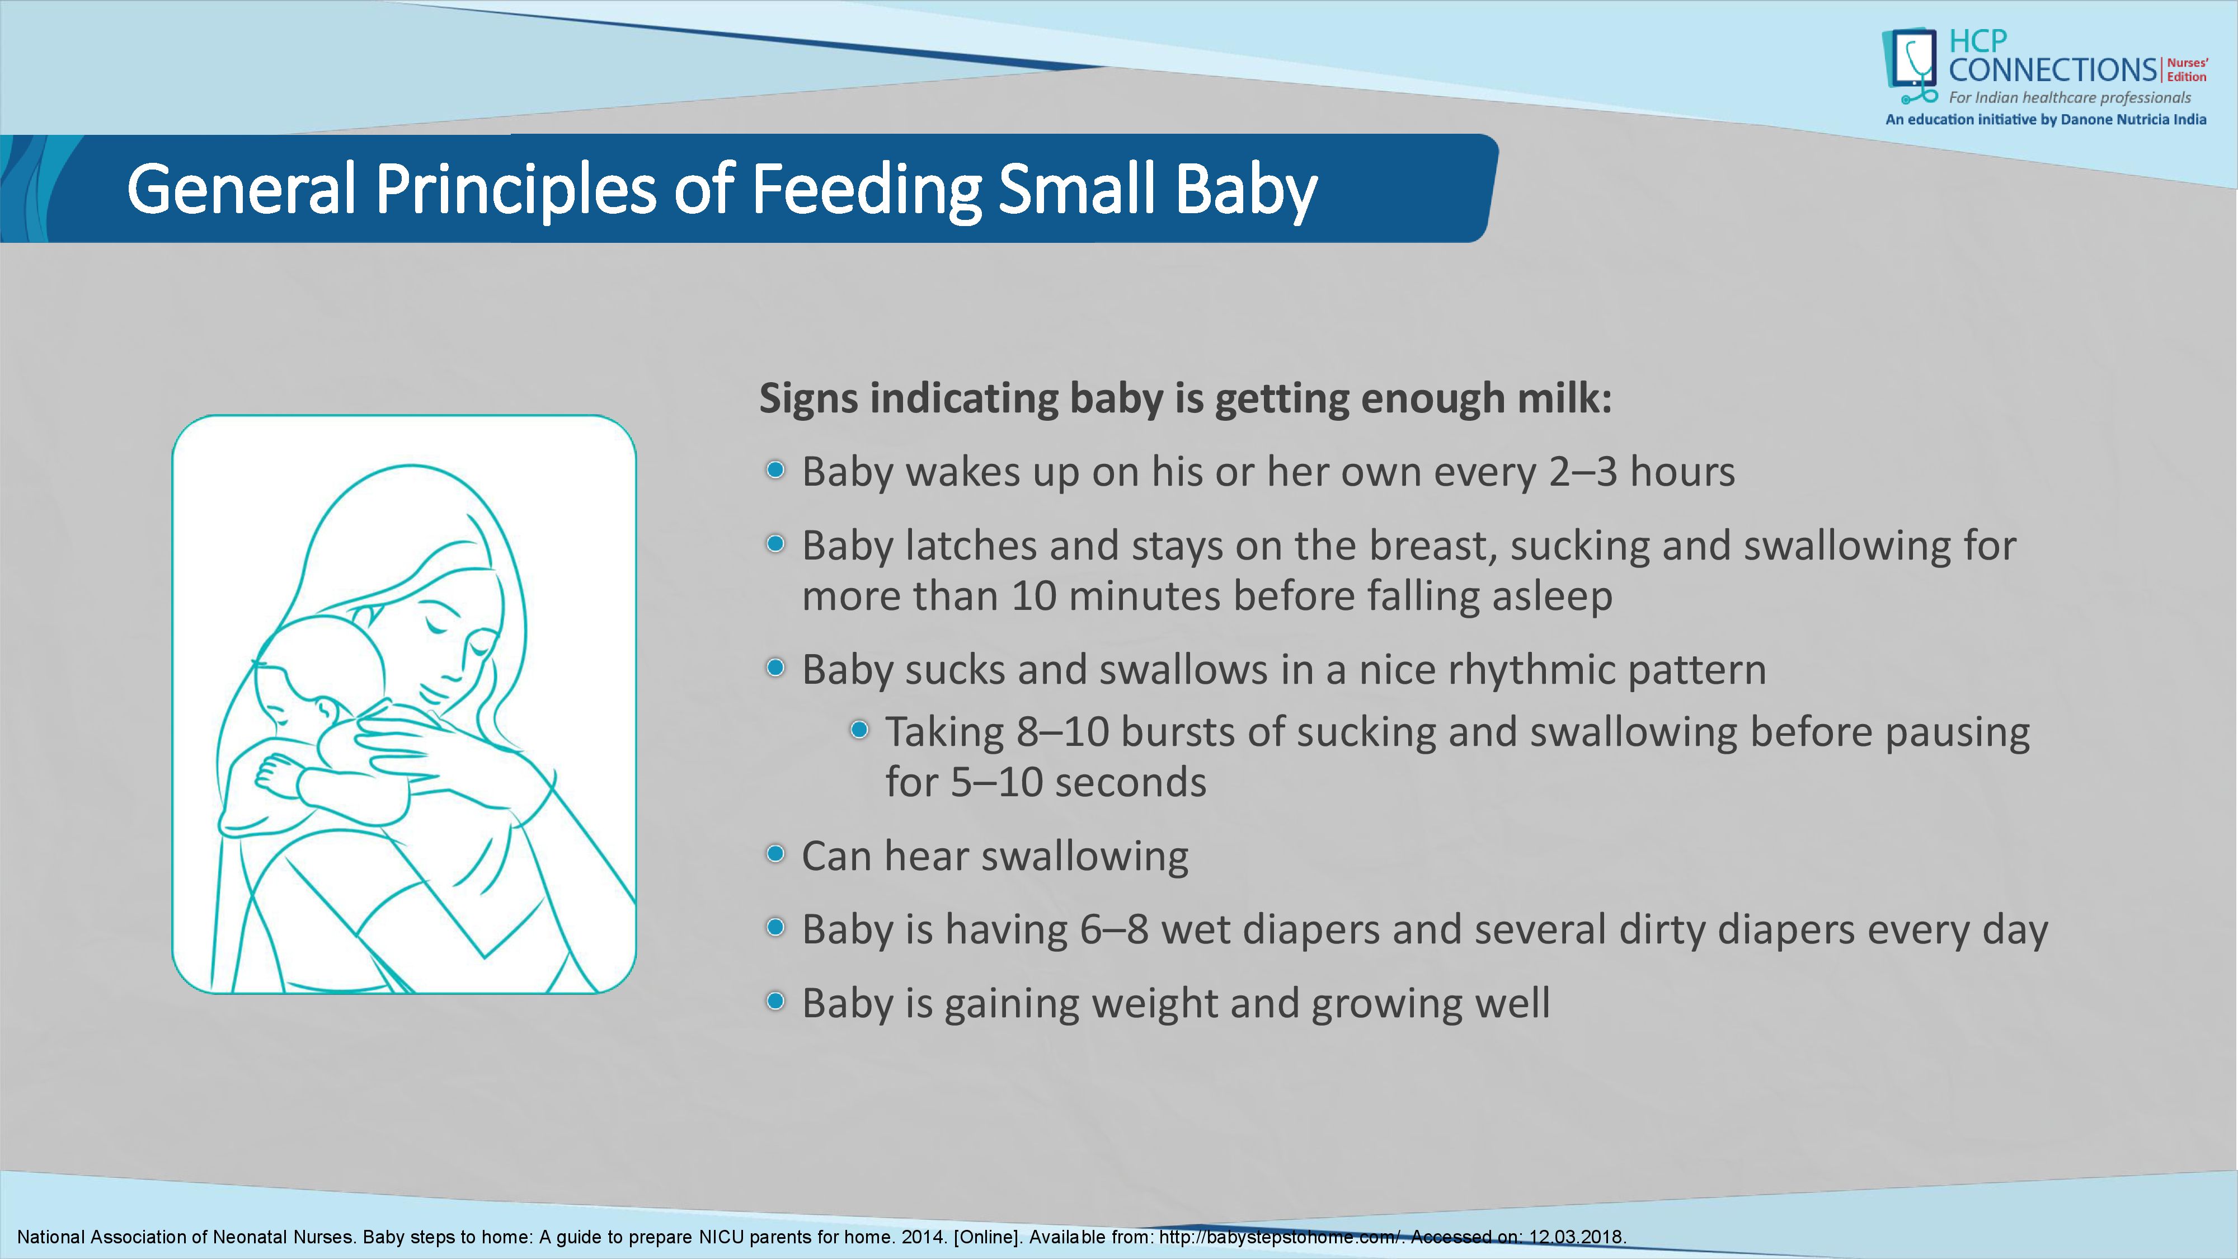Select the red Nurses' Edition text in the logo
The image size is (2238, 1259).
tap(2187, 69)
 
